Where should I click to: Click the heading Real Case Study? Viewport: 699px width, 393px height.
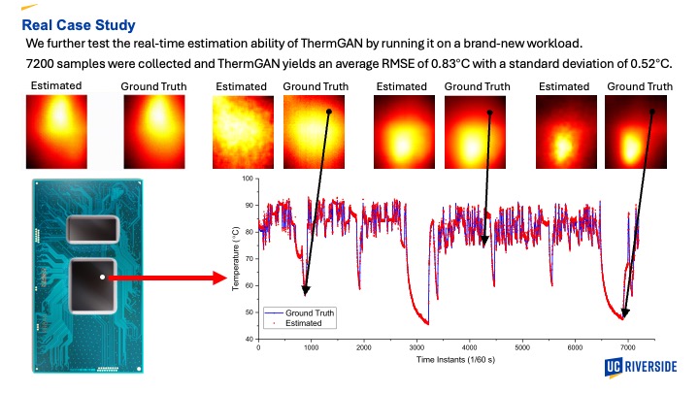point(79,25)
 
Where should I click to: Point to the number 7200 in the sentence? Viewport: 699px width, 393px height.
point(40,64)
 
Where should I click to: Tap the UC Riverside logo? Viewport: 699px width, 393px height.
point(641,367)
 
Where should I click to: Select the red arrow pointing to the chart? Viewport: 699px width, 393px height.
point(168,278)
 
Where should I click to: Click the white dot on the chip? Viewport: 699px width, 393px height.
point(103,278)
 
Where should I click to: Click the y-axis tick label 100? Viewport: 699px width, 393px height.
point(248,179)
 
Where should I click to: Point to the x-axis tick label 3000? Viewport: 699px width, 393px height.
point(416,347)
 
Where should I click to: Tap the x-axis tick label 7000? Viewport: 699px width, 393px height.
point(628,347)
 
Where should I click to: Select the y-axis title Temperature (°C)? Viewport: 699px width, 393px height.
point(236,259)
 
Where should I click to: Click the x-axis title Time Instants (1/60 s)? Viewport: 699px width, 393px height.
point(455,360)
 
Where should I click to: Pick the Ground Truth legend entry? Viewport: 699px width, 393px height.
point(300,312)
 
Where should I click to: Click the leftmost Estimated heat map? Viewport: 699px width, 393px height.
point(56,132)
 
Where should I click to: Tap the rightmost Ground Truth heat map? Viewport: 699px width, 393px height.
point(636,132)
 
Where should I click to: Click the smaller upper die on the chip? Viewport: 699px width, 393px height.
point(93,229)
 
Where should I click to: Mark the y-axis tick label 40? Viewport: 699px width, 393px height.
point(249,339)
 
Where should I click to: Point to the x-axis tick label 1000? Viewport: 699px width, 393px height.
point(312,347)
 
